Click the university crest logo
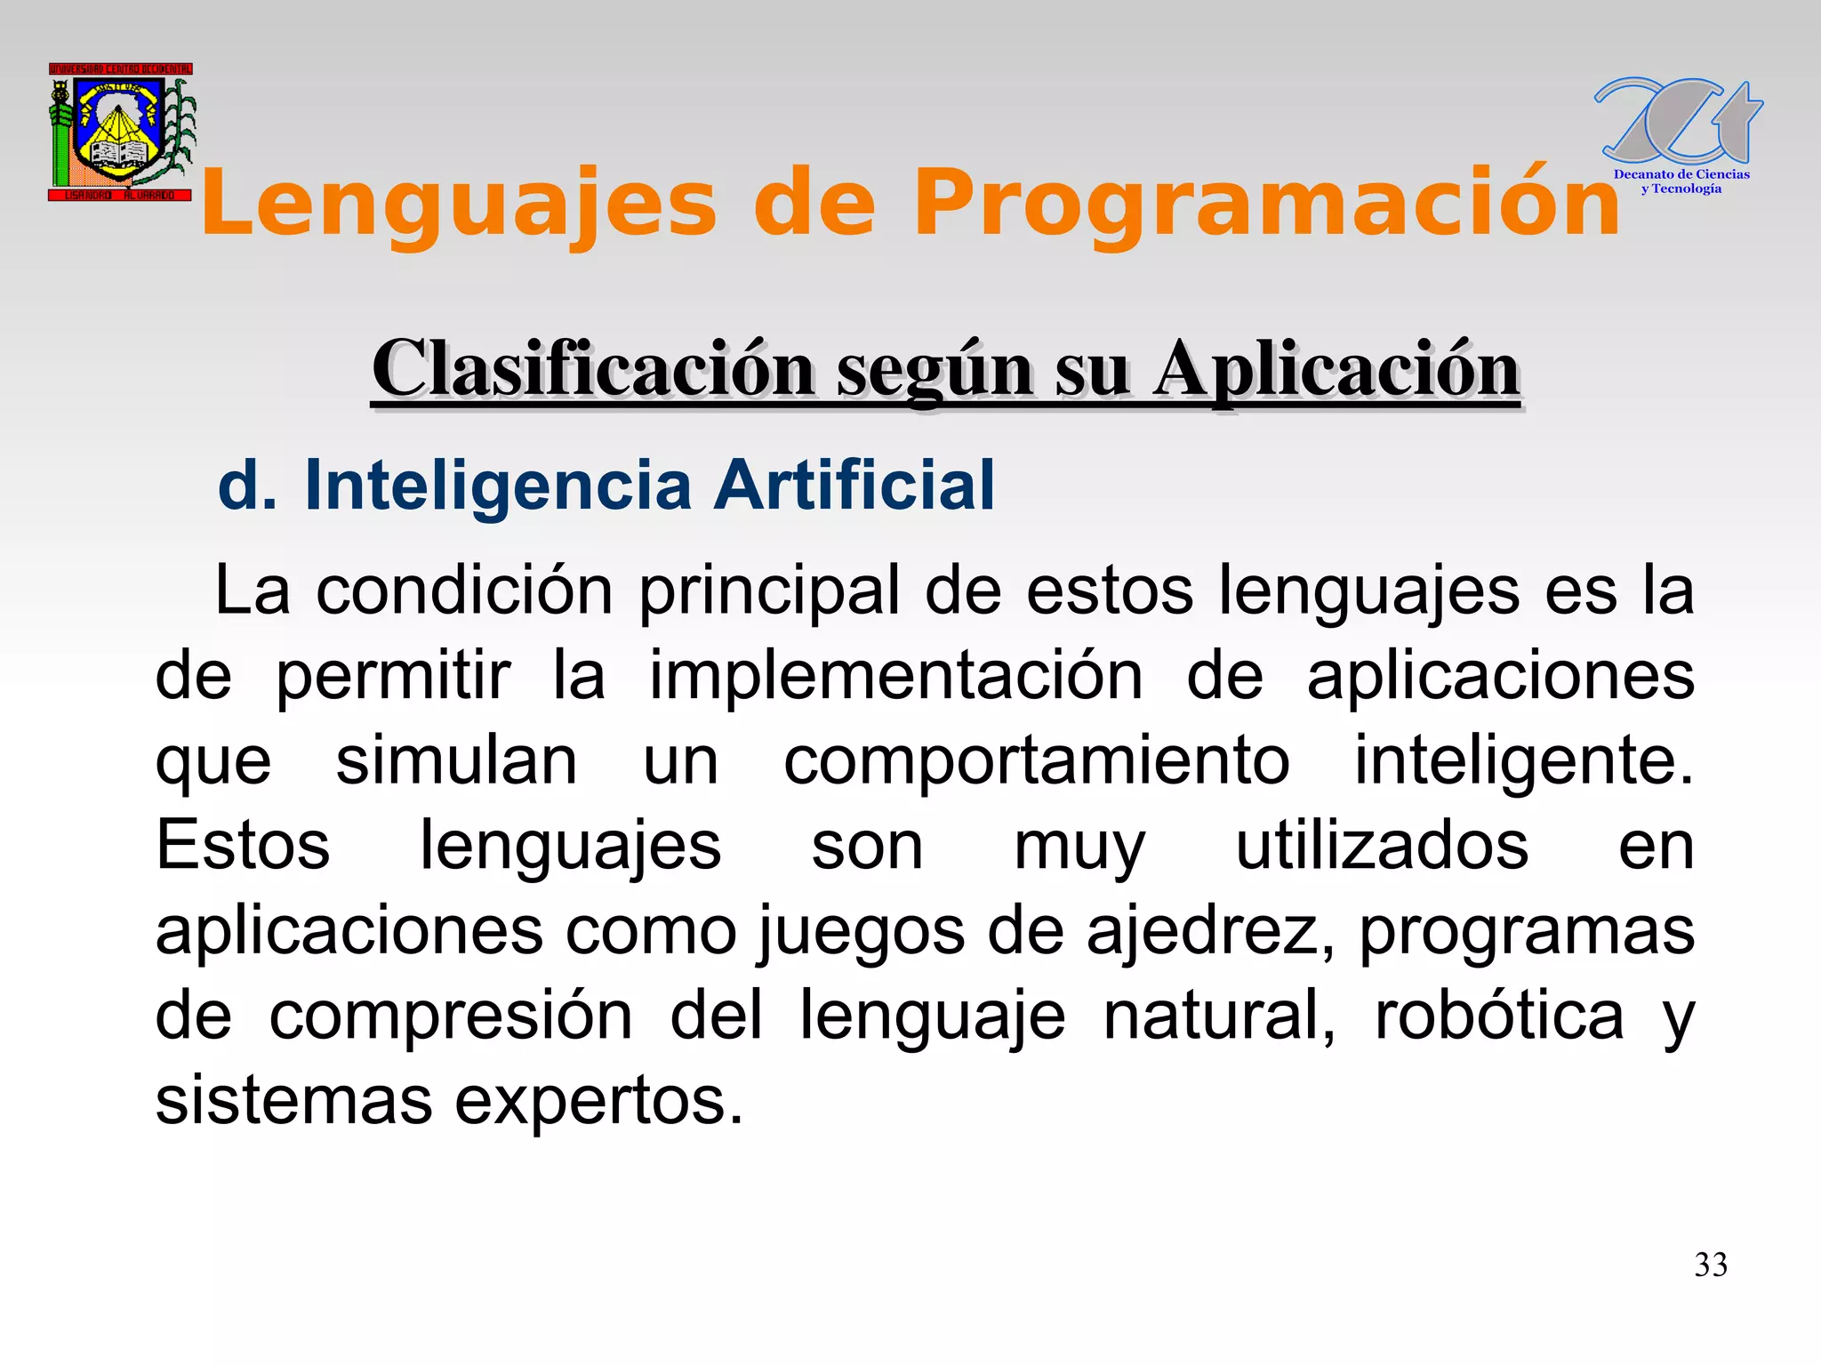coord(121,132)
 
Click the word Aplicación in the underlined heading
coord(1336,369)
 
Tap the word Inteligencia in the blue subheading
coord(498,486)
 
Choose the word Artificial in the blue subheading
coord(855,486)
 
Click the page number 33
coord(1711,1265)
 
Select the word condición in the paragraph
coord(464,591)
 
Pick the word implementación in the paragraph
coord(896,676)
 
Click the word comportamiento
coord(1037,761)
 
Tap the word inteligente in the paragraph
coord(1523,761)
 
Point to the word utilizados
coord(1383,846)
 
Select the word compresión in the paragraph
coord(451,1016)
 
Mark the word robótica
coord(1499,1016)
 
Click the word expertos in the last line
coord(598,1101)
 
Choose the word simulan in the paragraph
coord(456,761)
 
